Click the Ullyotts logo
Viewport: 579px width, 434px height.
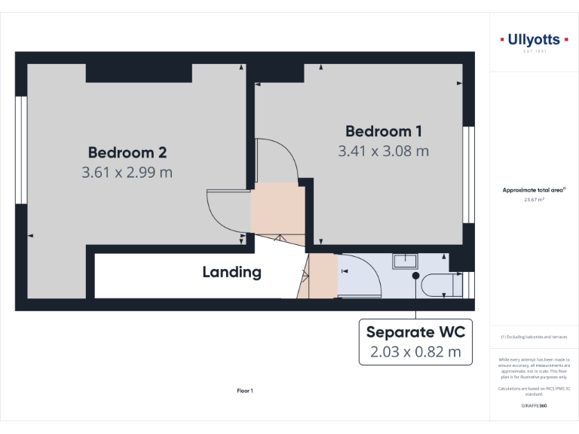coord(533,40)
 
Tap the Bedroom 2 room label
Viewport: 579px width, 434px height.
coord(127,153)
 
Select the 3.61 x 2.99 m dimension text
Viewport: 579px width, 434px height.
coord(127,173)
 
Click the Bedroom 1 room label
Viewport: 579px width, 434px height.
coord(384,131)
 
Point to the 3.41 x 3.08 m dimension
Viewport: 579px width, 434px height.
coord(384,151)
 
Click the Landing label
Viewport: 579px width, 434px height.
coord(231,272)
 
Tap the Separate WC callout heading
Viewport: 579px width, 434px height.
coord(415,332)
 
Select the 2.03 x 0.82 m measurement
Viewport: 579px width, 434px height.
coord(415,352)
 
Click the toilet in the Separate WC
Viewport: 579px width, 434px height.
coord(440,285)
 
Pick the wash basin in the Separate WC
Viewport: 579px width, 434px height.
coord(405,261)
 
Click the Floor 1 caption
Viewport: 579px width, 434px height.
coord(245,391)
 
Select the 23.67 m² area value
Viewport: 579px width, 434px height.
coord(533,200)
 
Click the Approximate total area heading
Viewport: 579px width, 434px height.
coord(533,191)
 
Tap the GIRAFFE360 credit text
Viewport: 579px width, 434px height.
coord(533,406)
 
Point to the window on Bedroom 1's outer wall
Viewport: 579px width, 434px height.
coord(467,174)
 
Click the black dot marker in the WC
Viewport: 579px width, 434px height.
coord(415,276)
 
